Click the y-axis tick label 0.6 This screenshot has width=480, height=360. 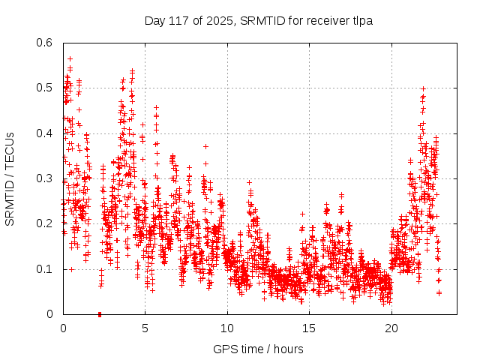(x=45, y=43)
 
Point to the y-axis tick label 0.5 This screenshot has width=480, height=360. (x=45, y=88)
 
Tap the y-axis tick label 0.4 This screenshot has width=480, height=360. (x=45, y=133)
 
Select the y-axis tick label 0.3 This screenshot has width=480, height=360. (x=45, y=178)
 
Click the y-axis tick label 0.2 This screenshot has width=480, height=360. (x=45, y=223)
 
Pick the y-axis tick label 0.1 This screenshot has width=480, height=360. (x=45, y=268)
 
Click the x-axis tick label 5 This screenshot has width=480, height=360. (x=145, y=328)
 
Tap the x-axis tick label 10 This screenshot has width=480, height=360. (x=227, y=328)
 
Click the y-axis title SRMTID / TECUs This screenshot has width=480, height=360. (x=10, y=178)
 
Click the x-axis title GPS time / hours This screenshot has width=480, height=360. (x=258, y=349)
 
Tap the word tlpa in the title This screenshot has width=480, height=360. (x=360, y=20)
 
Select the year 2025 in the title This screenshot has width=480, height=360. (x=218, y=20)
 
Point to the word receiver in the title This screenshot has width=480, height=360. (x=323, y=20)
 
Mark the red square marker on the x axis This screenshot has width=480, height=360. (x=100, y=314)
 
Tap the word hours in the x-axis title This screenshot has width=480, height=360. (x=288, y=349)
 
